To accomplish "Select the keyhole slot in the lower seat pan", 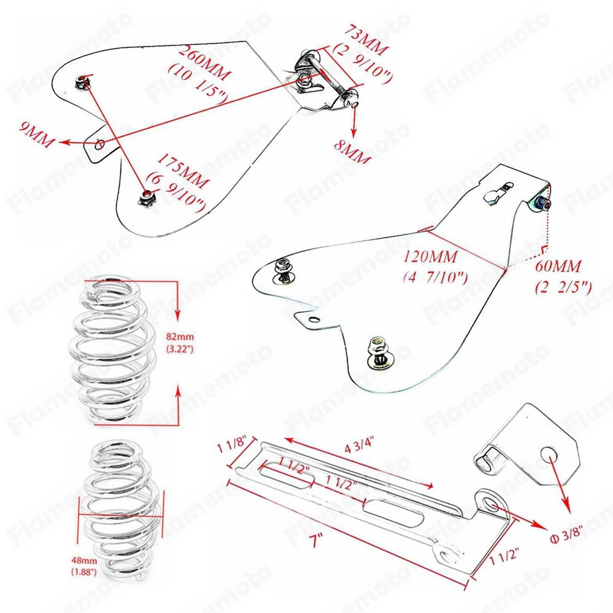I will click(496, 194).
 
